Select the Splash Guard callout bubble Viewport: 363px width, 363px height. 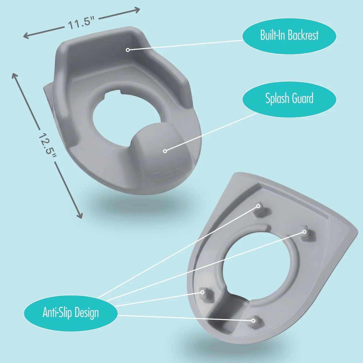[289, 98]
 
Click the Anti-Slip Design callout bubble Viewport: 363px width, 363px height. [71, 313]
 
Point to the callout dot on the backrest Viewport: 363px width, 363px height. [128, 50]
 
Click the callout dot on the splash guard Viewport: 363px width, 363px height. [165, 151]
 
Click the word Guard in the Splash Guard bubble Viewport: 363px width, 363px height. [302, 98]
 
